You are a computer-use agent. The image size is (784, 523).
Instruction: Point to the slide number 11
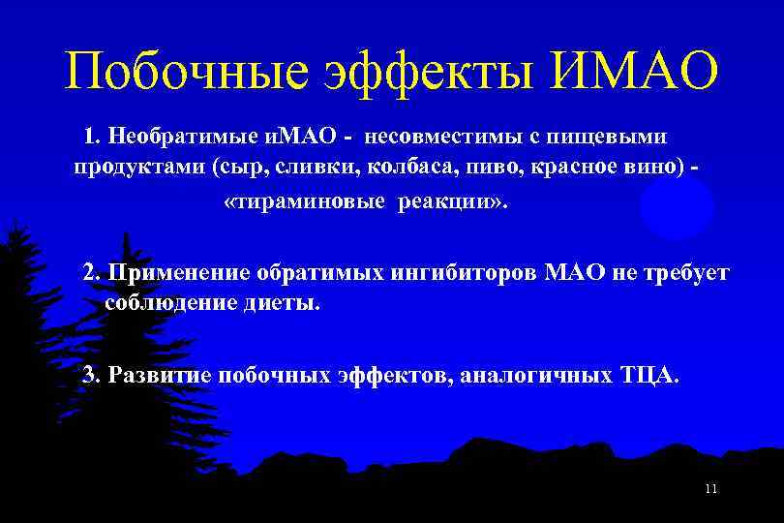[x=711, y=489]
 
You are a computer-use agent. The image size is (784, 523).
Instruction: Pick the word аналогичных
[x=534, y=375]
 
